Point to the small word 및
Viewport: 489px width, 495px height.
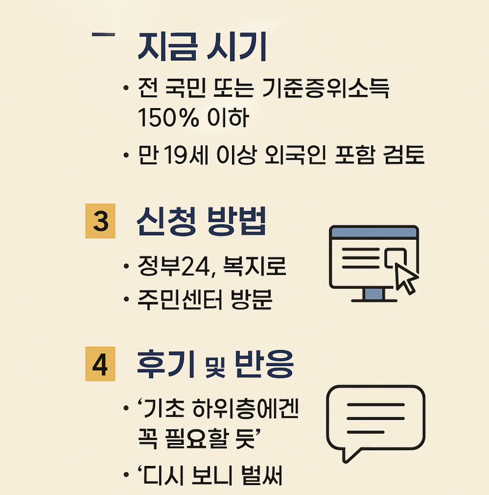pyautogui.click(x=212, y=367)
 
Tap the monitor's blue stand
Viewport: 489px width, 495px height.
pyautogui.click(x=374, y=295)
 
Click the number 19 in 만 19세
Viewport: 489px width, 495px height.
pyautogui.click(x=168, y=156)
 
